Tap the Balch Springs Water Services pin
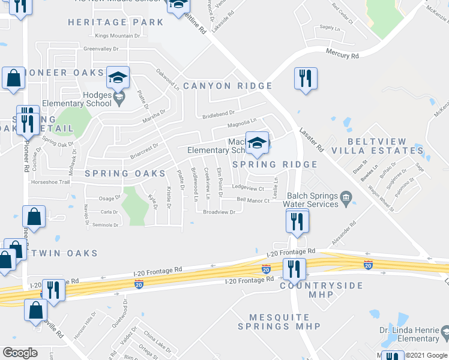[x=346, y=197]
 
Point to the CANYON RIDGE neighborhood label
[x=228, y=86]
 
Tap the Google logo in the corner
[x=19, y=353]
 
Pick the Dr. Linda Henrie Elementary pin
[x=444, y=332]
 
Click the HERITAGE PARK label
[x=115, y=22]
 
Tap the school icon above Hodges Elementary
[x=118, y=77]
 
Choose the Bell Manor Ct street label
[x=253, y=200]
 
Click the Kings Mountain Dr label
[x=117, y=36]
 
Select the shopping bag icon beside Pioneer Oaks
[x=13, y=78]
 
